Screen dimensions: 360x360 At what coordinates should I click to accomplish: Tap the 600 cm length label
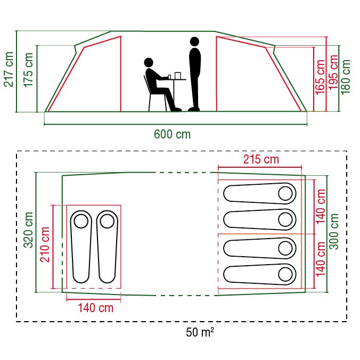coord(172,134)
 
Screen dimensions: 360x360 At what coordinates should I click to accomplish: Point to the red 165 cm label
coord(320,77)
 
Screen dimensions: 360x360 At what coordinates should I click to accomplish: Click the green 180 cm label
coord(347,76)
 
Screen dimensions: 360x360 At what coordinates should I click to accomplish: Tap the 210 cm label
coord(46,246)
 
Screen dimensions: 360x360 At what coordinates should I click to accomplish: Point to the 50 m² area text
coord(200,333)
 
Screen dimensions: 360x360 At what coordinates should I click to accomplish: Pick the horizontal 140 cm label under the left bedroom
coord(95,308)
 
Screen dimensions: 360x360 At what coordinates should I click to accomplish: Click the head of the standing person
coord(194,41)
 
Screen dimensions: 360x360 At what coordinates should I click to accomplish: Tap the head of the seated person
coord(149,62)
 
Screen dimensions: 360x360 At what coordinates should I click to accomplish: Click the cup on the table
coord(177,75)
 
